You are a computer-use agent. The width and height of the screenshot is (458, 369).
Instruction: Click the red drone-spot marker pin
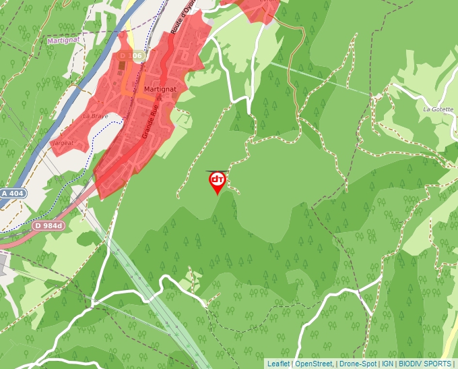pos(218,181)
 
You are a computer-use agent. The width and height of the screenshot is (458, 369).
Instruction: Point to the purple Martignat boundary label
pos(64,40)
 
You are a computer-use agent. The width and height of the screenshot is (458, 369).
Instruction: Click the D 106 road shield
pos(131,55)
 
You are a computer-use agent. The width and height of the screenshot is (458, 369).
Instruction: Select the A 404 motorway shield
pos(13,193)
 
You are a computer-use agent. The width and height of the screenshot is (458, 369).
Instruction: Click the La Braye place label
pos(95,116)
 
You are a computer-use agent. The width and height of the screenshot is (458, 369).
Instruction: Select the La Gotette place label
pos(437,109)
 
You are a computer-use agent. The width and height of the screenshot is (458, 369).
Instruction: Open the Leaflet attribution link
pos(278,364)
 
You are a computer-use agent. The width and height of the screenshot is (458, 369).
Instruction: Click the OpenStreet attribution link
pos(315,364)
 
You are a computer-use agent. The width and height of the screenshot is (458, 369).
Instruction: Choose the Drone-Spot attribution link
pos(358,364)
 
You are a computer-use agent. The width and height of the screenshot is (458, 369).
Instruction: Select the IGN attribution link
pos(388,364)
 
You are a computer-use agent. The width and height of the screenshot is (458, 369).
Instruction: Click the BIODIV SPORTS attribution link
pos(425,364)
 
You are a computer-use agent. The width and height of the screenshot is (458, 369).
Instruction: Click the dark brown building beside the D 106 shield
pos(121,67)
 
